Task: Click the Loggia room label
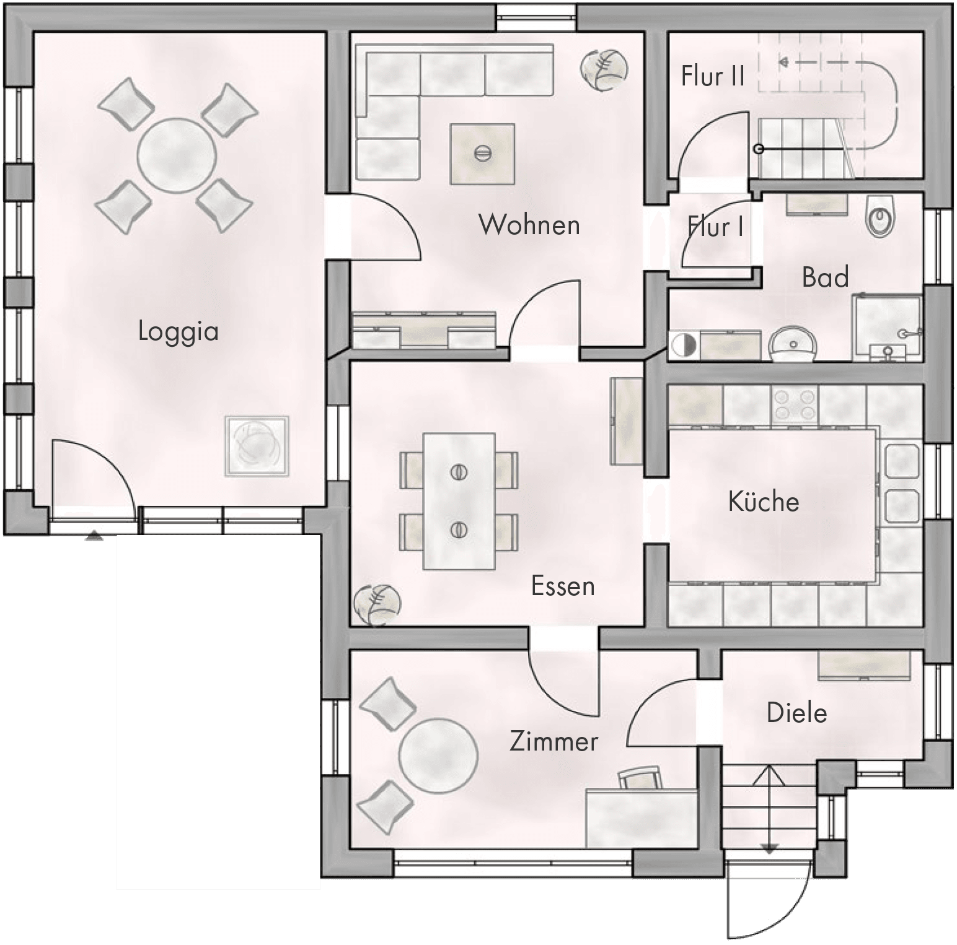(178, 331)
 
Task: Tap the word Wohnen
(529, 224)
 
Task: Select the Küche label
(764, 501)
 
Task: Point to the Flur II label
(713, 76)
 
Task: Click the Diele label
(797, 713)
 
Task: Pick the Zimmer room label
(553, 741)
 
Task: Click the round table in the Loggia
(177, 155)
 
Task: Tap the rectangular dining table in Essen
(459, 501)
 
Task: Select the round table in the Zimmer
(438, 756)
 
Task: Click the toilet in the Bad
(880, 217)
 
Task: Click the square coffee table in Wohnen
(483, 154)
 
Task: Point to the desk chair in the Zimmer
(638, 778)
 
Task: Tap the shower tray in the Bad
(887, 327)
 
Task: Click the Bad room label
(825, 277)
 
